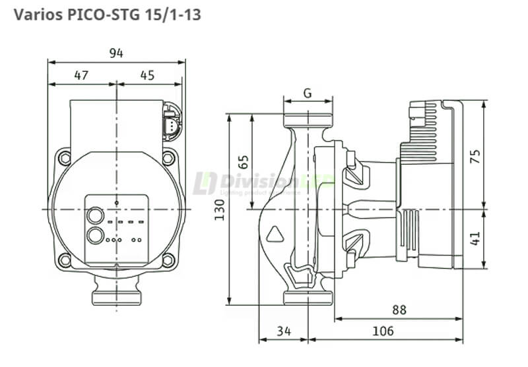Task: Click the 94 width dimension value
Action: [116, 53]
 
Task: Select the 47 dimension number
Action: [81, 76]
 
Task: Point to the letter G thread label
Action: [308, 93]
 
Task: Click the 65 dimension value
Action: [243, 162]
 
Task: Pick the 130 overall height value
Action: [221, 210]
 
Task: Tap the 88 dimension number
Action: [399, 310]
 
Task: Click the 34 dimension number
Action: [283, 331]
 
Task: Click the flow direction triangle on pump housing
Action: [274, 233]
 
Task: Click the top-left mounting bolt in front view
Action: [64, 157]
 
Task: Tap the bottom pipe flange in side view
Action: [308, 298]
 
